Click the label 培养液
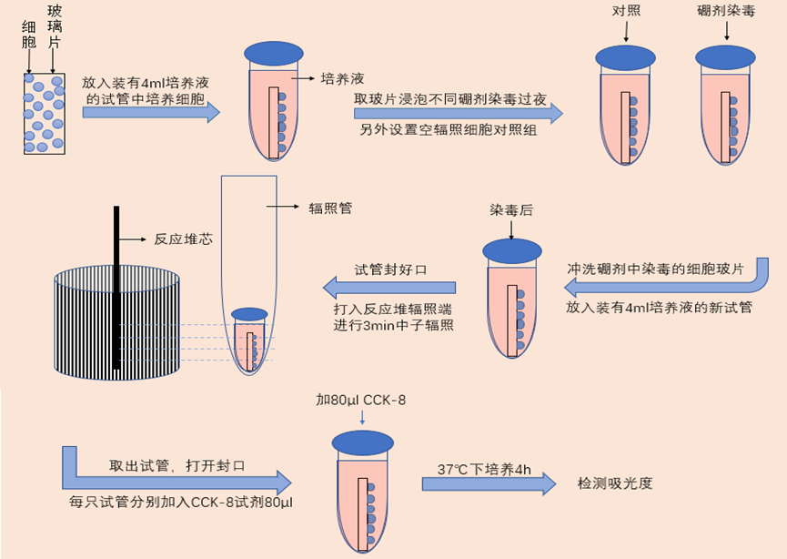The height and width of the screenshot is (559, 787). click(343, 79)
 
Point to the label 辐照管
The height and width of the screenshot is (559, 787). click(330, 208)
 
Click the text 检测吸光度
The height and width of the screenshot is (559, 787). click(615, 483)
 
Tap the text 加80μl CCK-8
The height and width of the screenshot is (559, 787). click(362, 400)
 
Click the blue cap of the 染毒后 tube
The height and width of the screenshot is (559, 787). click(512, 250)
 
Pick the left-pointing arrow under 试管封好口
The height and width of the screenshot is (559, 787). click(392, 289)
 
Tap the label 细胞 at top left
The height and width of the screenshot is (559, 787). click(29, 37)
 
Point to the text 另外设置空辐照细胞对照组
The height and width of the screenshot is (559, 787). click(449, 129)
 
